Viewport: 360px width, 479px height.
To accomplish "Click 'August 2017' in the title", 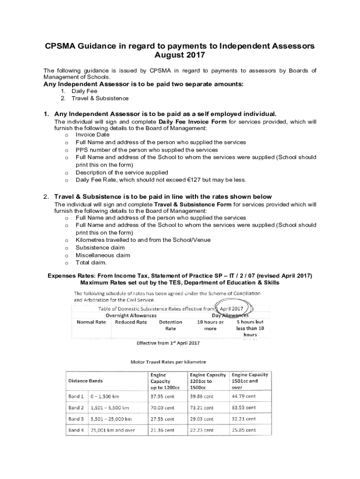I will click(x=180, y=55).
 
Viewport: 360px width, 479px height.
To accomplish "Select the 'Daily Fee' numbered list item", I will click(x=84, y=91).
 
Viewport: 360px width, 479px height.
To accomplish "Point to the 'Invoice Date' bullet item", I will click(x=92, y=134).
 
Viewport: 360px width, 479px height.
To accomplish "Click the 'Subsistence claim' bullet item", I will click(x=100, y=247).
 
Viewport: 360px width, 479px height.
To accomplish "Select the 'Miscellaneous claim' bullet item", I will click(x=103, y=255).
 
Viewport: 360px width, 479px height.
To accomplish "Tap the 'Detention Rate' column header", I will click(x=171, y=325).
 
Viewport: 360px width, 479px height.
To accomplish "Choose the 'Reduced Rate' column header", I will click(x=131, y=322).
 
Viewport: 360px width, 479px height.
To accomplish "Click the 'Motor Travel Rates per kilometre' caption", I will click(x=167, y=362).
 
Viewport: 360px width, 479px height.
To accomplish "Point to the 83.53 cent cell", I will click(x=244, y=407).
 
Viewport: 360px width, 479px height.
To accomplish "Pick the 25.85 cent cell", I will click(x=244, y=430).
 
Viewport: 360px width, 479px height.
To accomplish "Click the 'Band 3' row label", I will click(x=76, y=419).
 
